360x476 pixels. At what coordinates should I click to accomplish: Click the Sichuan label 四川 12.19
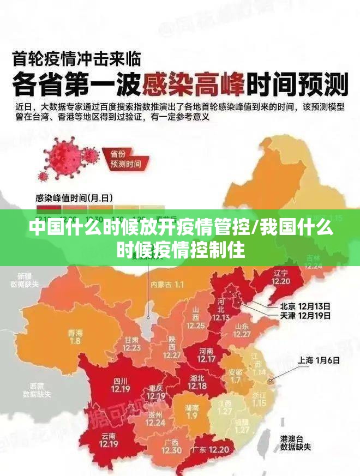click(x=121, y=385)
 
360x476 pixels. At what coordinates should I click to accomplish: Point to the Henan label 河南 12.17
click(x=206, y=355)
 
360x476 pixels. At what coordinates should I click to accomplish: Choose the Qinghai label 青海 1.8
click(x=75, y=337)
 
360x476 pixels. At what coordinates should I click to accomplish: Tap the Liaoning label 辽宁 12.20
click(x=281, y=276)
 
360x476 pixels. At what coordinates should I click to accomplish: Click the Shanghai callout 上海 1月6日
click(x=319, y=360)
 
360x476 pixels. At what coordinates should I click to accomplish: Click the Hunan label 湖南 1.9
click(x=192, y=411)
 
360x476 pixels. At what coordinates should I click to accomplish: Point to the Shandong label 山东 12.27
click(x=242, y=330)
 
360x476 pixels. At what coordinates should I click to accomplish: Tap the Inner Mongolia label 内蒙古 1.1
click(x=167, y=285)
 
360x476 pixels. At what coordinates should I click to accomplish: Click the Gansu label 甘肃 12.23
click(x=131, y=343)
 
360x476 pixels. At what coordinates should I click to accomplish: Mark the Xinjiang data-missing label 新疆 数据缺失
click(x=25, y=280)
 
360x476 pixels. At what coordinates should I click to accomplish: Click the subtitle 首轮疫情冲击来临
click(x=76, y=56)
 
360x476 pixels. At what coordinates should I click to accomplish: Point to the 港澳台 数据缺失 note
click(x=295, y=443)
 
